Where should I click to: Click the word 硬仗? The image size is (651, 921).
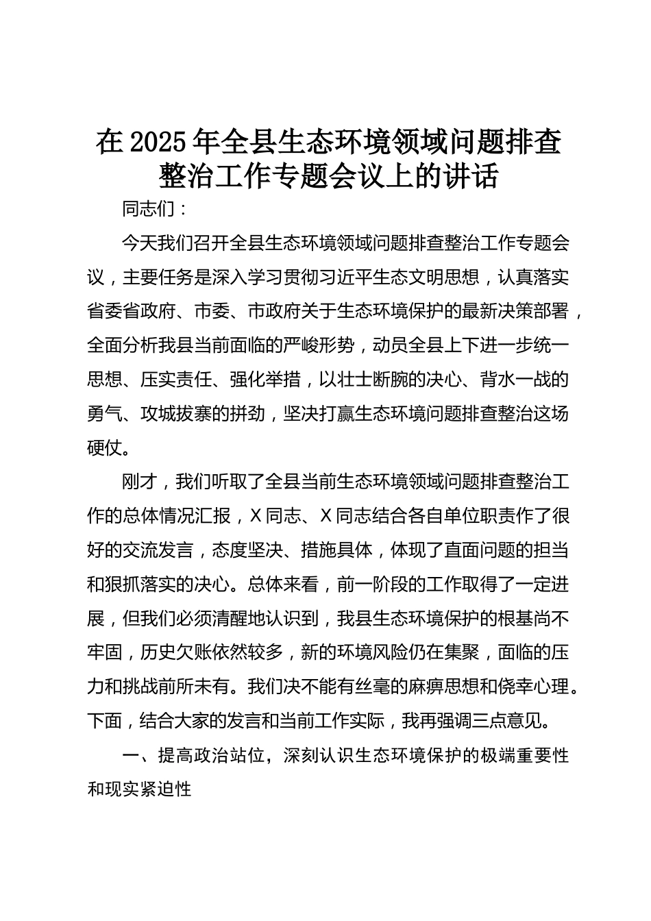104,447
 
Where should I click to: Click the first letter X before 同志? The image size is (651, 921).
256,516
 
